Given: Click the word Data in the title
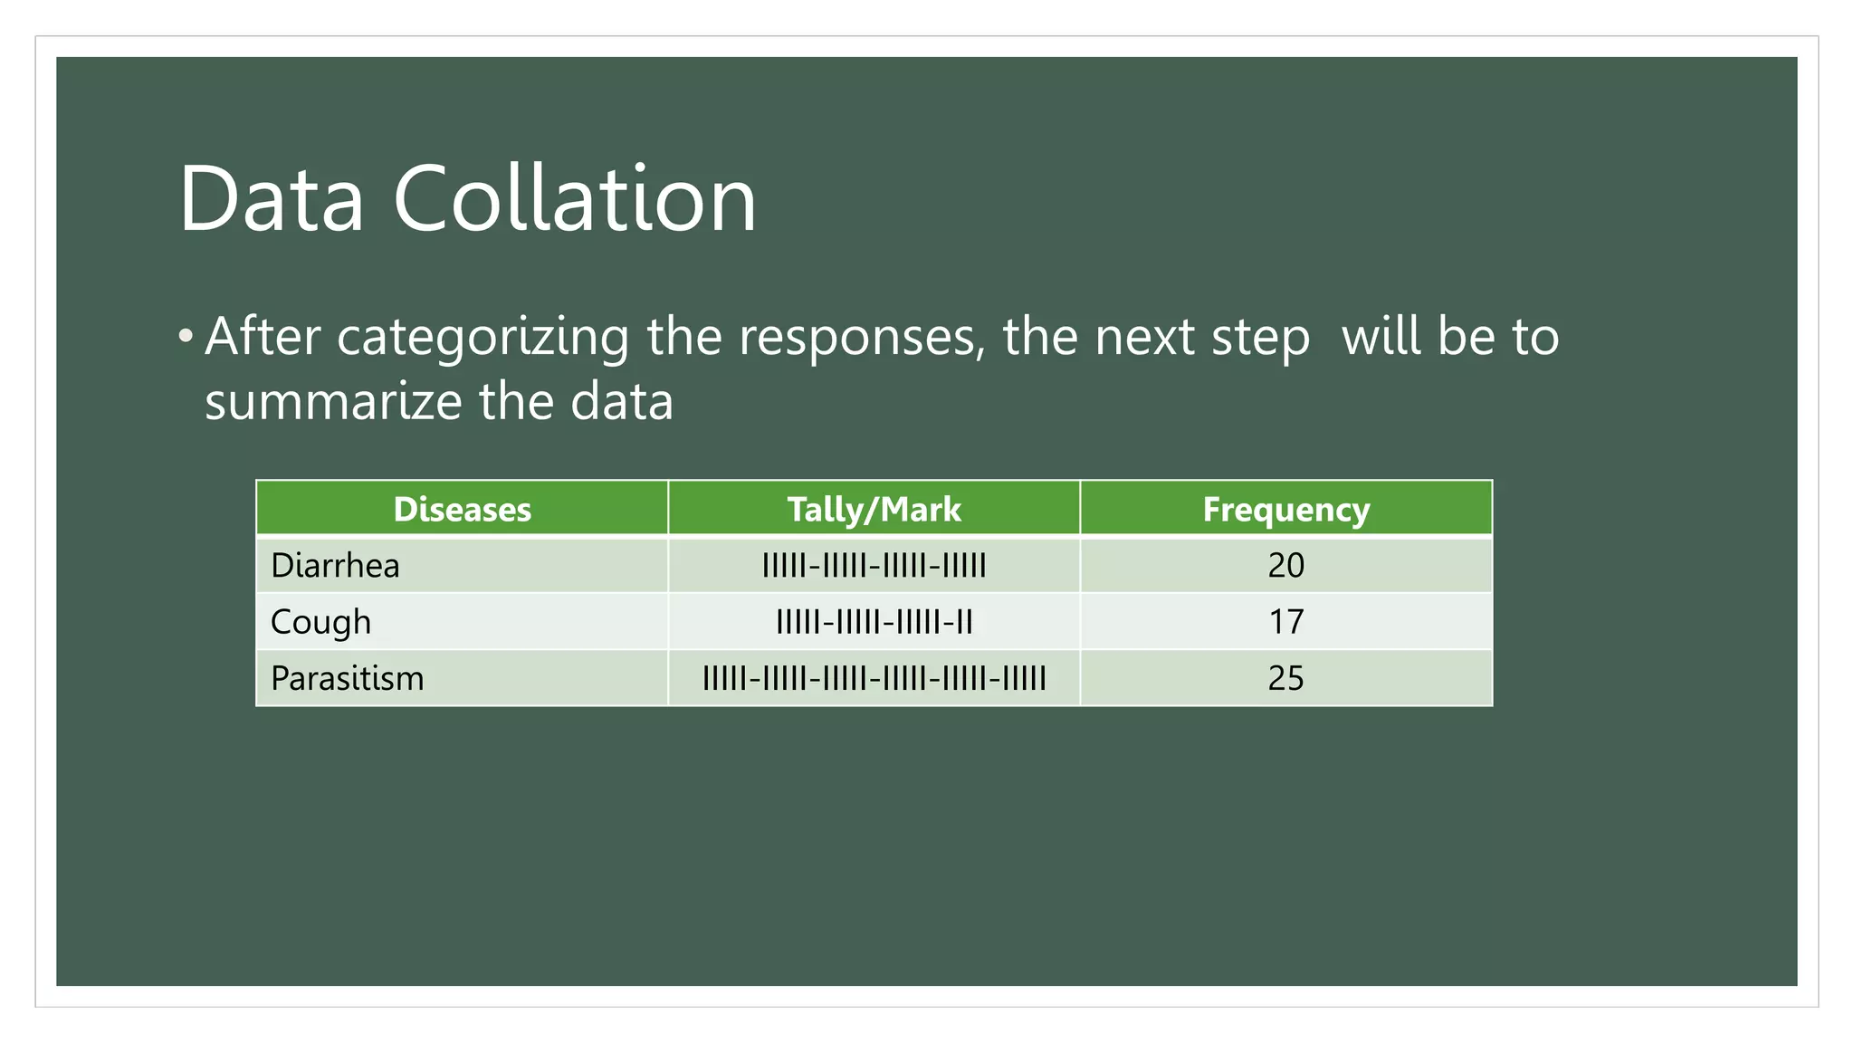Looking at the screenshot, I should (271, 199).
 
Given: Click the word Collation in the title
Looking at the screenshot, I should (574, 199).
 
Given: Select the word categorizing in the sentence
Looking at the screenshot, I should (483, 338).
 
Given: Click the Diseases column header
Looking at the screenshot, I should (462, 509).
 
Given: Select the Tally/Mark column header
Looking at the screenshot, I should (874, 509).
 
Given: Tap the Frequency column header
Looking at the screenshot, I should (1285, 509).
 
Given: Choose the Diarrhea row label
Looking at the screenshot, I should (335, 566).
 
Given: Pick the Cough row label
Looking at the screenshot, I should (320, 622).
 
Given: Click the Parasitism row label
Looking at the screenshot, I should (347, 678).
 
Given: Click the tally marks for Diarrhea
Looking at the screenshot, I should (874, 566).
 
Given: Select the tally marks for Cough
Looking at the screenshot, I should (874, 622).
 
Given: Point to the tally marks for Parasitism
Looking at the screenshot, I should (874, 678).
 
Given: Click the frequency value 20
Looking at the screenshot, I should (1285, 566).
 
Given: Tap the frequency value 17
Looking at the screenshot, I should (1285, 622).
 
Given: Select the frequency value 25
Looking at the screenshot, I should (1285, 678).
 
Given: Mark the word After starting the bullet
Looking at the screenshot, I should (263, 337).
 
